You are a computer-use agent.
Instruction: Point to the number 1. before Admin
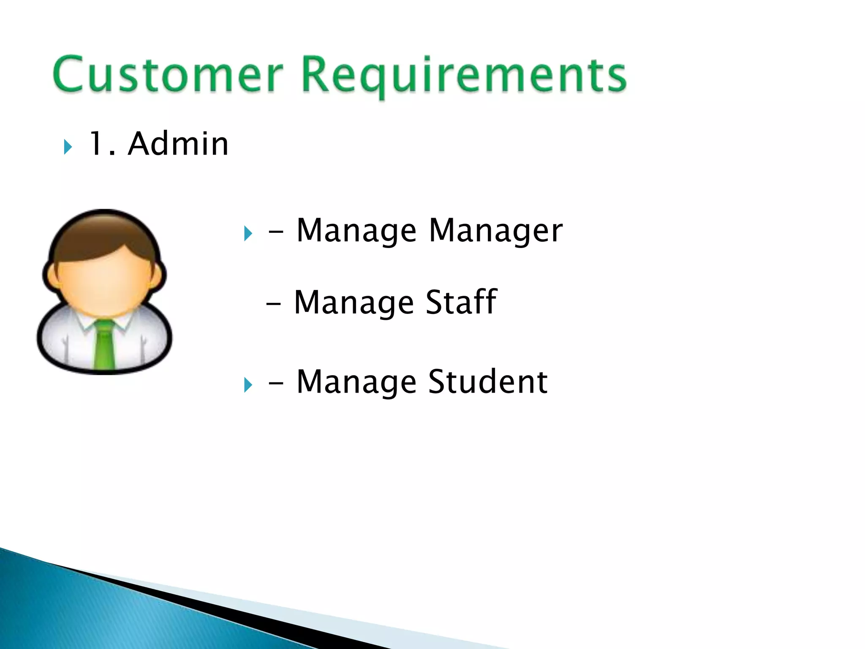pyautogui.click(x=101, y=144)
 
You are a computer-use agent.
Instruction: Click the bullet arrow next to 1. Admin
pyautogui.click(x=68, y=147)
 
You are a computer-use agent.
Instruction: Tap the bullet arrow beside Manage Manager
pyautogui.click(x=248, y=234)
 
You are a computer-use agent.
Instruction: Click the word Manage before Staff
pyautogui.click(x=354, y=303)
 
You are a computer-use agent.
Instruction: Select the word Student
pyautogui.click(x=488, y=382)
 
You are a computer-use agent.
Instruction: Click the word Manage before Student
pyautogui.click(x=356, y=382)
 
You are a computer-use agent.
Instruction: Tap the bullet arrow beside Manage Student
pyautogui.click(x=248, y=385)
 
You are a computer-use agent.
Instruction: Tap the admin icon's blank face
pyautogui.click(x=105, y=283)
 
